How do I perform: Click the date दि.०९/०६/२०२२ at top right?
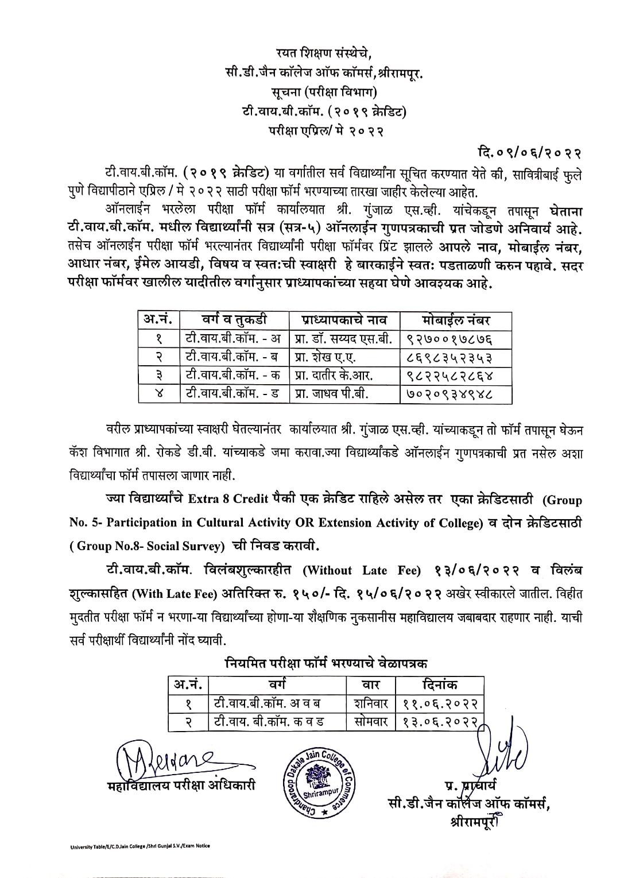point(529,153)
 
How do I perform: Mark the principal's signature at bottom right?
point(499,752)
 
